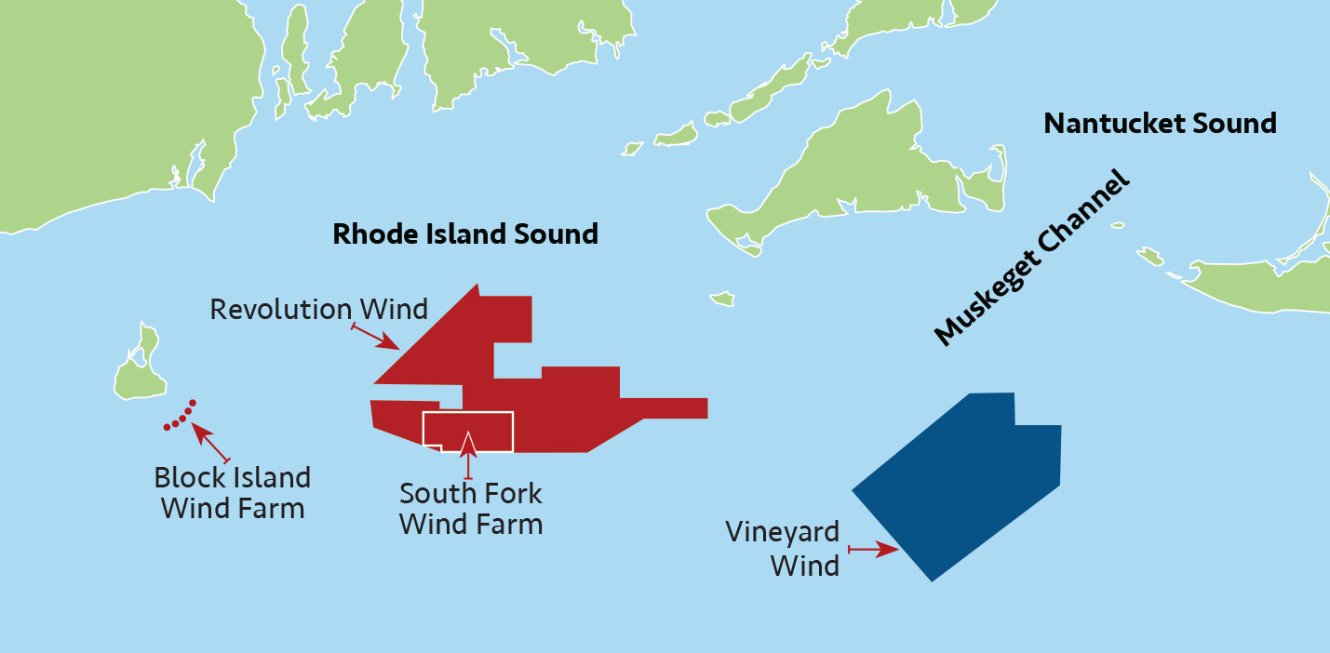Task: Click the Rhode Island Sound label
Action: pos(465,233)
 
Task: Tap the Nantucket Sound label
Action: pos(1160,123)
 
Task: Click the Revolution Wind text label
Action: pos(318,309)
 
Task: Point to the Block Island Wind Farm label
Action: pos(233,493)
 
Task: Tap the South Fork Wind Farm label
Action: pos(471,508)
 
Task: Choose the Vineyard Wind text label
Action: pos(783,549)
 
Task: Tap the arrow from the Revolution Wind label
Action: pos(376,338)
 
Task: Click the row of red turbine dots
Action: pos(180,417)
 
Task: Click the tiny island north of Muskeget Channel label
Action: pos(722,299)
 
